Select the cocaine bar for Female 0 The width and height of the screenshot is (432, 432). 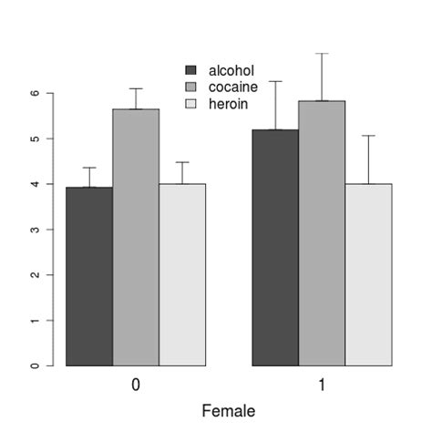(136, 237)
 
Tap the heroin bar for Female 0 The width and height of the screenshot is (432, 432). (182, 274)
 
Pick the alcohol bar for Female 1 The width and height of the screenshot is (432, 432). (275, 247)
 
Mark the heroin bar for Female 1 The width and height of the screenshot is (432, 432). (368, 274)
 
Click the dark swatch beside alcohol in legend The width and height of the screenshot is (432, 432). (191, 70)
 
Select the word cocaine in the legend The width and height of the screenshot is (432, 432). (232, 87)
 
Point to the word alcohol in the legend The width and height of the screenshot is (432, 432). (231, 70)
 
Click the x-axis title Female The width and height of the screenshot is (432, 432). (229, 411)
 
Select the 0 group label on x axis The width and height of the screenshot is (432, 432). (136, 386)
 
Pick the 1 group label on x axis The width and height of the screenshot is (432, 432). (322, 386)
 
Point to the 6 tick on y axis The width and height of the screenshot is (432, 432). (36, 93)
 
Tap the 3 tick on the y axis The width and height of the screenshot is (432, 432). (36, 230)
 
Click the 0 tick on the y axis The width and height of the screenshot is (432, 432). (36, 365)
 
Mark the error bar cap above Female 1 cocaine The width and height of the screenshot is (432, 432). (322, 54)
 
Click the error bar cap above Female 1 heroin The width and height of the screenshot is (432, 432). (368, 136)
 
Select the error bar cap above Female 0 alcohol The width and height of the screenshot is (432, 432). (89, 168)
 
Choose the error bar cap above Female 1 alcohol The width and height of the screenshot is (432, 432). (275, 81)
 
